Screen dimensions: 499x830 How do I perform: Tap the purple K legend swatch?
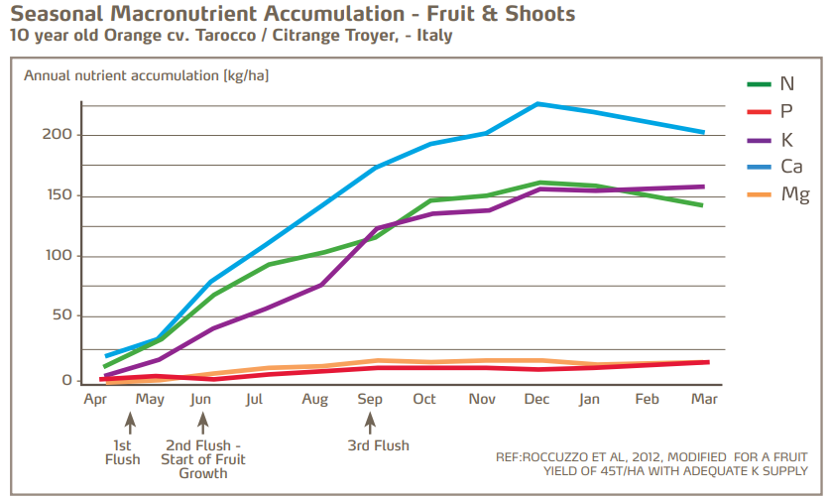(760, 139)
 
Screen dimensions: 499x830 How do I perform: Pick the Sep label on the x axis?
(370, 400)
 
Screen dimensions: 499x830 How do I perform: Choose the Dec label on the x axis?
(536, 400)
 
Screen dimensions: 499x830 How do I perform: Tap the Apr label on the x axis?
(95, 400)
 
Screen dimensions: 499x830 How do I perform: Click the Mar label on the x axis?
(703, 400)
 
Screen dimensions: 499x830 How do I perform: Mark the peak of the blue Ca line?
(537, 103)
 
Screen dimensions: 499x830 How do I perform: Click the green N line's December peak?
(538, 183)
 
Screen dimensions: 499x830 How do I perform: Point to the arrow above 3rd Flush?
(370, 423)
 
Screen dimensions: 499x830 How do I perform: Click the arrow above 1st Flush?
(130, 423)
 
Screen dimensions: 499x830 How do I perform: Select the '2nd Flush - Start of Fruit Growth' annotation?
(203, 459)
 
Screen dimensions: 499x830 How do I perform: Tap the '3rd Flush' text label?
(377, 445)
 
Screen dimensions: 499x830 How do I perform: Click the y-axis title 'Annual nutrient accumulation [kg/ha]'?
(146, 75)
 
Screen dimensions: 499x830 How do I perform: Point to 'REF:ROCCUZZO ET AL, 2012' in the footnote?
(578, 457)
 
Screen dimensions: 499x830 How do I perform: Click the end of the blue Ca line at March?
(703, 132)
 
